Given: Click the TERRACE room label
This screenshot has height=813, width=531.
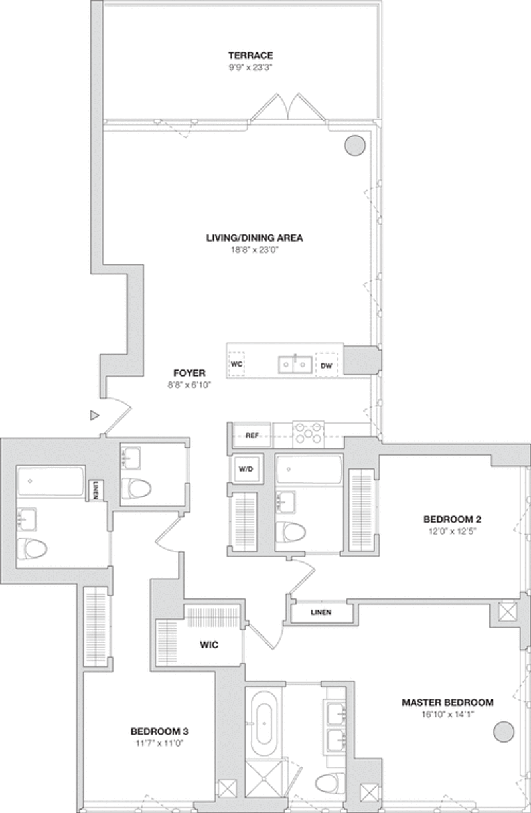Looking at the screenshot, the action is pos(251,56).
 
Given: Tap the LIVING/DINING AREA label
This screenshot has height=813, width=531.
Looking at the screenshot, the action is pos(255,238).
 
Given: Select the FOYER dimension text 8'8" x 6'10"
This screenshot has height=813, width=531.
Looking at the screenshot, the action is pos(189,385).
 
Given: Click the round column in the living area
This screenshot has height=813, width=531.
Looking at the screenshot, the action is pos(354,145).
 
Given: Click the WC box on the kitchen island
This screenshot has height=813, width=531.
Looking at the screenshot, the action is pos(236,364).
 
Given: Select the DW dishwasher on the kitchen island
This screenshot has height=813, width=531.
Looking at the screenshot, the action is pos(327,365).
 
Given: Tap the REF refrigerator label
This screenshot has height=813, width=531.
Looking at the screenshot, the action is pos(252,436).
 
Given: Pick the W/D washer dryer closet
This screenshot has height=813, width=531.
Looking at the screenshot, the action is pos(246,468).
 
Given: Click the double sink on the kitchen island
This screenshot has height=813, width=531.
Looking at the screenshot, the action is pos(295,365).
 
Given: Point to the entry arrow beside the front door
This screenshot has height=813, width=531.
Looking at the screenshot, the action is pos(95,416).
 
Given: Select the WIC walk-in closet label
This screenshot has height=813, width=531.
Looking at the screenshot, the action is pos(209,644).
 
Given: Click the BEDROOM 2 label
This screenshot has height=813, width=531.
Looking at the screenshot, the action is pos(452,519).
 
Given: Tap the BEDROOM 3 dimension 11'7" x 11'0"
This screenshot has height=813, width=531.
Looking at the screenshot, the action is pos(160,743).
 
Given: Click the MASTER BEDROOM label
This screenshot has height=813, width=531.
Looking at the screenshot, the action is pos(447,702).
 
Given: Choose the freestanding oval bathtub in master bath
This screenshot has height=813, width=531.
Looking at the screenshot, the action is pos(264,723).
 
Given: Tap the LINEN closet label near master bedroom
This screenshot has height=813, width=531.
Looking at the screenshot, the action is pos(321,612).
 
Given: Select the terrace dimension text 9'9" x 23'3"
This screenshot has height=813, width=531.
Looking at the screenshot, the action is pos(250,68).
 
